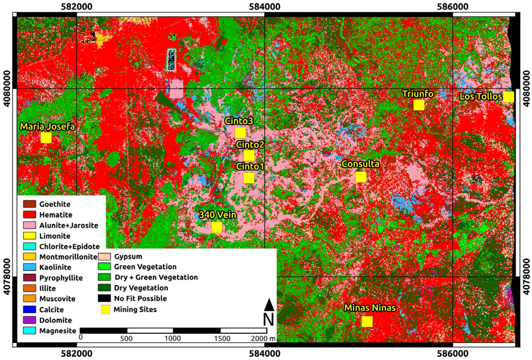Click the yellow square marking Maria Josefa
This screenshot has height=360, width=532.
pyautogui.click(x=46, y=138)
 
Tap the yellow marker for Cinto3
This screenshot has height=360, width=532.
pyautogui.click(x=240, y=132)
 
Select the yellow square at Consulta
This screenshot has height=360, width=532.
pyautogui.click(x=361, y=177)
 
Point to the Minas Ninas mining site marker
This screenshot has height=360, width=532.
pyautogui.click(x=367, y=322)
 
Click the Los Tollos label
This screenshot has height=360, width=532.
pyautogui.click(x=481, y=97)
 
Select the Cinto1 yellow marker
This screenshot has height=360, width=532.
pyautogui.click(x=249, y=178)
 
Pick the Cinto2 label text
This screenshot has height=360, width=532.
pyautogui.click(x=250, y=144)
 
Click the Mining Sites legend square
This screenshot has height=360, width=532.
pyautogui.click(x=105, y=310)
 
